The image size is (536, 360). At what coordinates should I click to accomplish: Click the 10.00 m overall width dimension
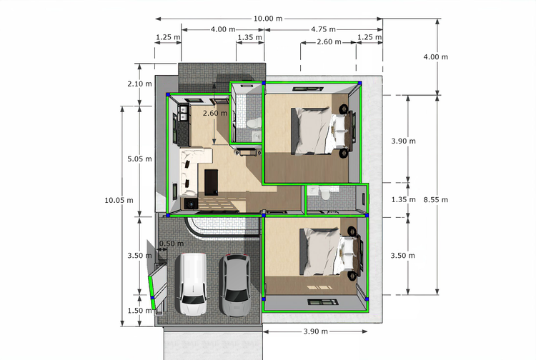coord(268,19)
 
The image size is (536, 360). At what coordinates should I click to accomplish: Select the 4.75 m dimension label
coord(323,29)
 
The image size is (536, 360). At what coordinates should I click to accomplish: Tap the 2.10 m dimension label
coord(140,84)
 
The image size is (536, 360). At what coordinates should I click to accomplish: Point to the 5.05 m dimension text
coord(140,159)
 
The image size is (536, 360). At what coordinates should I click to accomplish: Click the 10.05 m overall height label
coord(119,200)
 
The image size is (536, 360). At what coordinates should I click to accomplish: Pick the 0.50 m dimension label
coord(172,244)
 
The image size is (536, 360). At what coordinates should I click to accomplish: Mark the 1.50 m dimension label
coord(140,311)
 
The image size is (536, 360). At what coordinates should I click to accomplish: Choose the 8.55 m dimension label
coord(436,200)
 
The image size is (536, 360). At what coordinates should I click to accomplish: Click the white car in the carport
coord(192,284)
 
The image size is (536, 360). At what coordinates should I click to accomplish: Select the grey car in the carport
coord(235,285)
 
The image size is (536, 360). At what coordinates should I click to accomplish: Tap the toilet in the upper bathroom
coord(254,123)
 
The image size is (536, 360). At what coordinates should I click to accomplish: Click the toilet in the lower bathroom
coord(324,194)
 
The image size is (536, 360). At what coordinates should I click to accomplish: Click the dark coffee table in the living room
coord(212,182)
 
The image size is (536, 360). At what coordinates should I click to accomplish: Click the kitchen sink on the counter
coord(184,113)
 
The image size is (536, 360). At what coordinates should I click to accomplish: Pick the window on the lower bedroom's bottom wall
coord(323,302)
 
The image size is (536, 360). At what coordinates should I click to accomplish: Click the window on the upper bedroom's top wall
coord(307,89)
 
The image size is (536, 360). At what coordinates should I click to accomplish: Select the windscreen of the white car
coord(192,299)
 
